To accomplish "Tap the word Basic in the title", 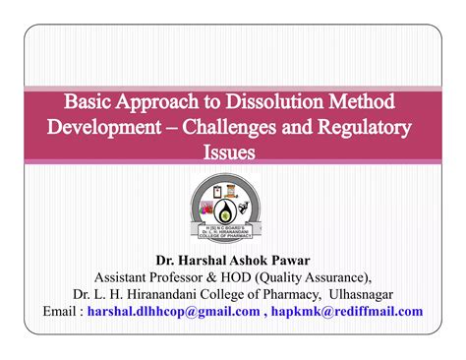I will click(93, 101).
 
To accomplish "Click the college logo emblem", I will click(233, 210).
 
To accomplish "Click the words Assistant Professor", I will click(153, 277).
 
